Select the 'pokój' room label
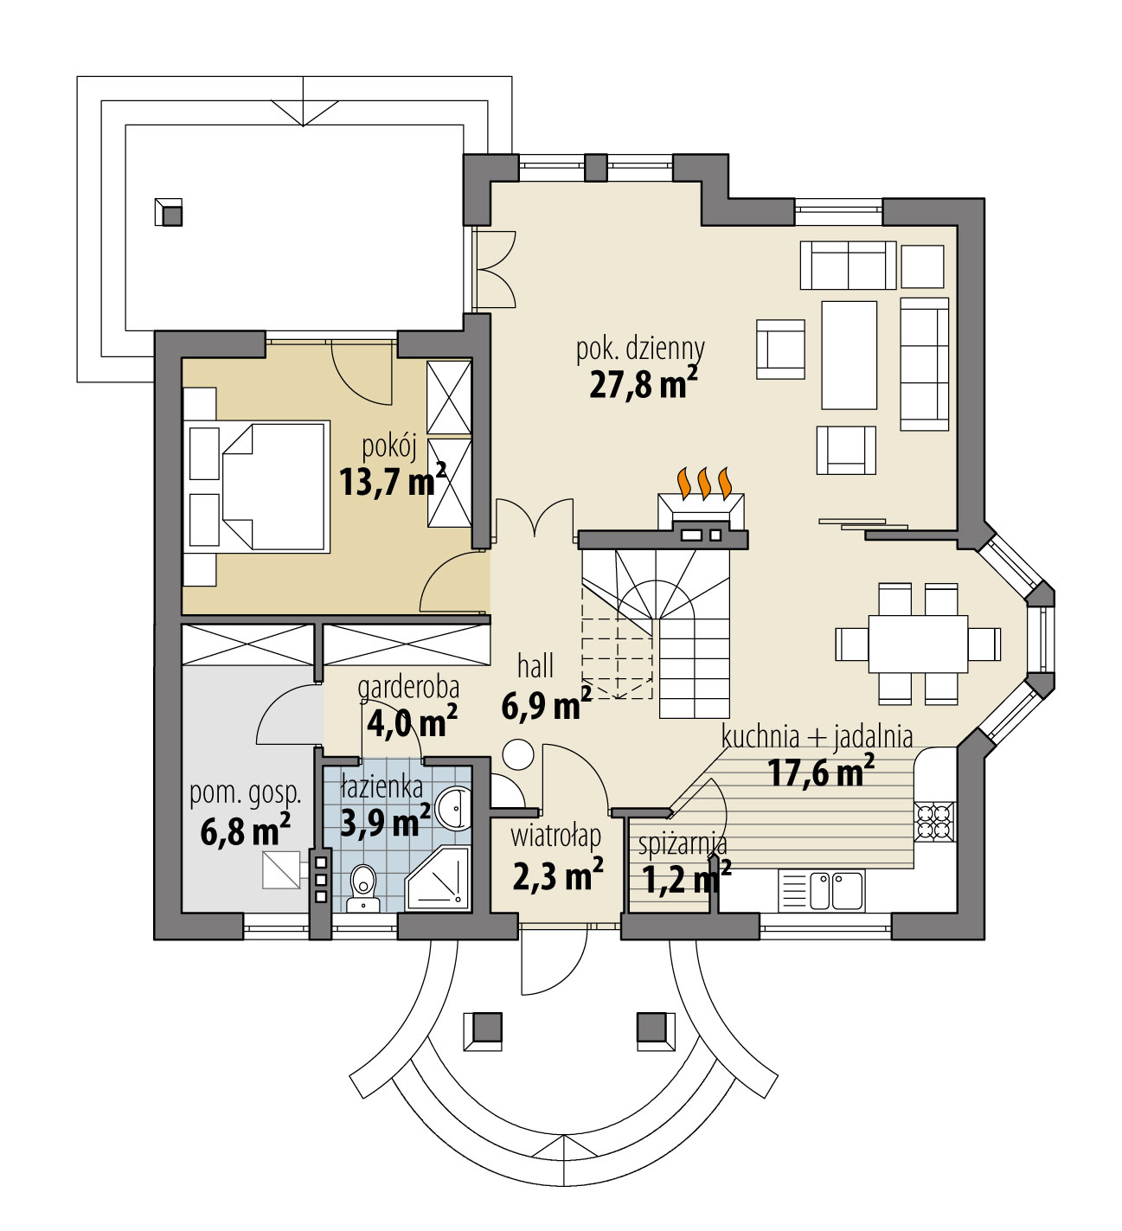point(389,447)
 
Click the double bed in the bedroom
point(275,486)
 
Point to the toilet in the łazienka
point(363,883)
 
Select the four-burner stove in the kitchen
point(934,821)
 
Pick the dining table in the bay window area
point(918,644)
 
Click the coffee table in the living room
point(849,355)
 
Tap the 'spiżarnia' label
point(682,843)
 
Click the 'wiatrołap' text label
point(555,837)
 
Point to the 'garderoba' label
point(408,688)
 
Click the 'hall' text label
point(535,666)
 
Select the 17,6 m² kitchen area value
point(819,772)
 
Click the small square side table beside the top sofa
point(921,266)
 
